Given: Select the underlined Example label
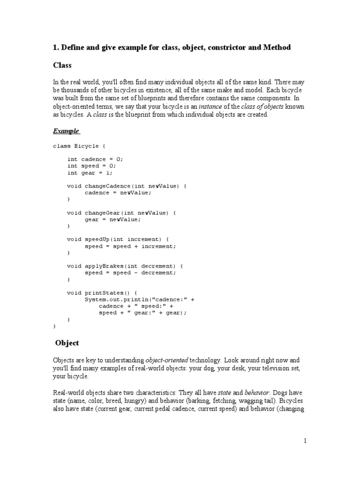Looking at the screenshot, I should point(66,131).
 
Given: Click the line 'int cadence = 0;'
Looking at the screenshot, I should point(95,159).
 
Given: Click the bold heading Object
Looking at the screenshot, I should point(67,343).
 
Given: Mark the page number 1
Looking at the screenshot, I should point(305,441).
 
